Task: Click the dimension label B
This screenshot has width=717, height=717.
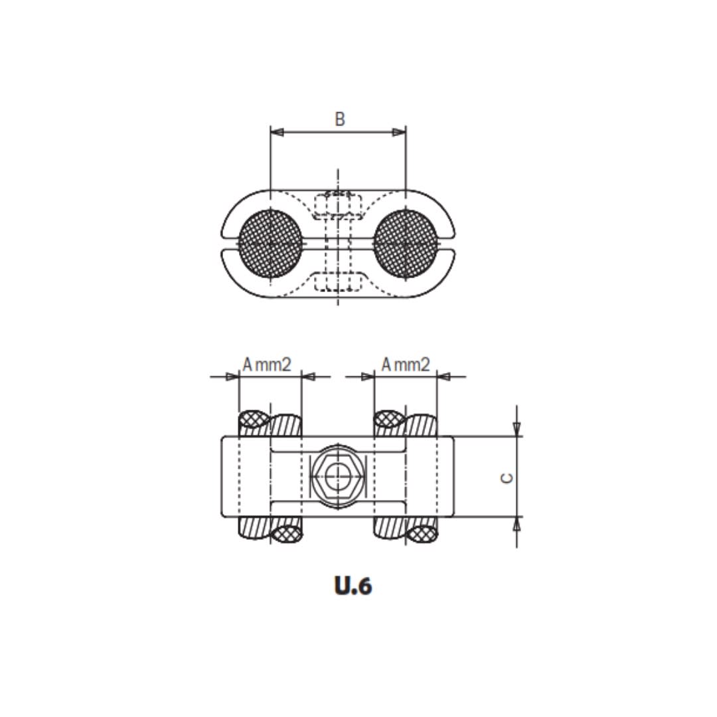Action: coord(339,119)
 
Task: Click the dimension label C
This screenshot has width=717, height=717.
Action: coord(507,477)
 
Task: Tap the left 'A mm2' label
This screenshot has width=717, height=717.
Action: coord(267,364)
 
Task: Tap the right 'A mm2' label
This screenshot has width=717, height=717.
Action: coord(406,364)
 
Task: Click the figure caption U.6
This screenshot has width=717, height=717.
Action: coord(353,586)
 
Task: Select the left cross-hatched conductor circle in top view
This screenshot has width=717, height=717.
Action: coord(270,244)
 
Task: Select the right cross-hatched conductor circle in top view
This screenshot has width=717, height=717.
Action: coord(406,244)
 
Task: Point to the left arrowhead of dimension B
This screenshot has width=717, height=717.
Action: coord(277,132)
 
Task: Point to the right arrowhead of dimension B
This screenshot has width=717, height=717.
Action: coord(399,132)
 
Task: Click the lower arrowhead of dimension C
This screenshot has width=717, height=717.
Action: coord(517,524)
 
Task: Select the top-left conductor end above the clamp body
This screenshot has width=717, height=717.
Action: coord(270,422)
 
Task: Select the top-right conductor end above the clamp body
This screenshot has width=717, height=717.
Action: coord(406,422)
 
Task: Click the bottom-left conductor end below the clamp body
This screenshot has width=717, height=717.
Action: coord(270,531)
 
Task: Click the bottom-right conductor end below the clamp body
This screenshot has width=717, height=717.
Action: coord(406,531)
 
